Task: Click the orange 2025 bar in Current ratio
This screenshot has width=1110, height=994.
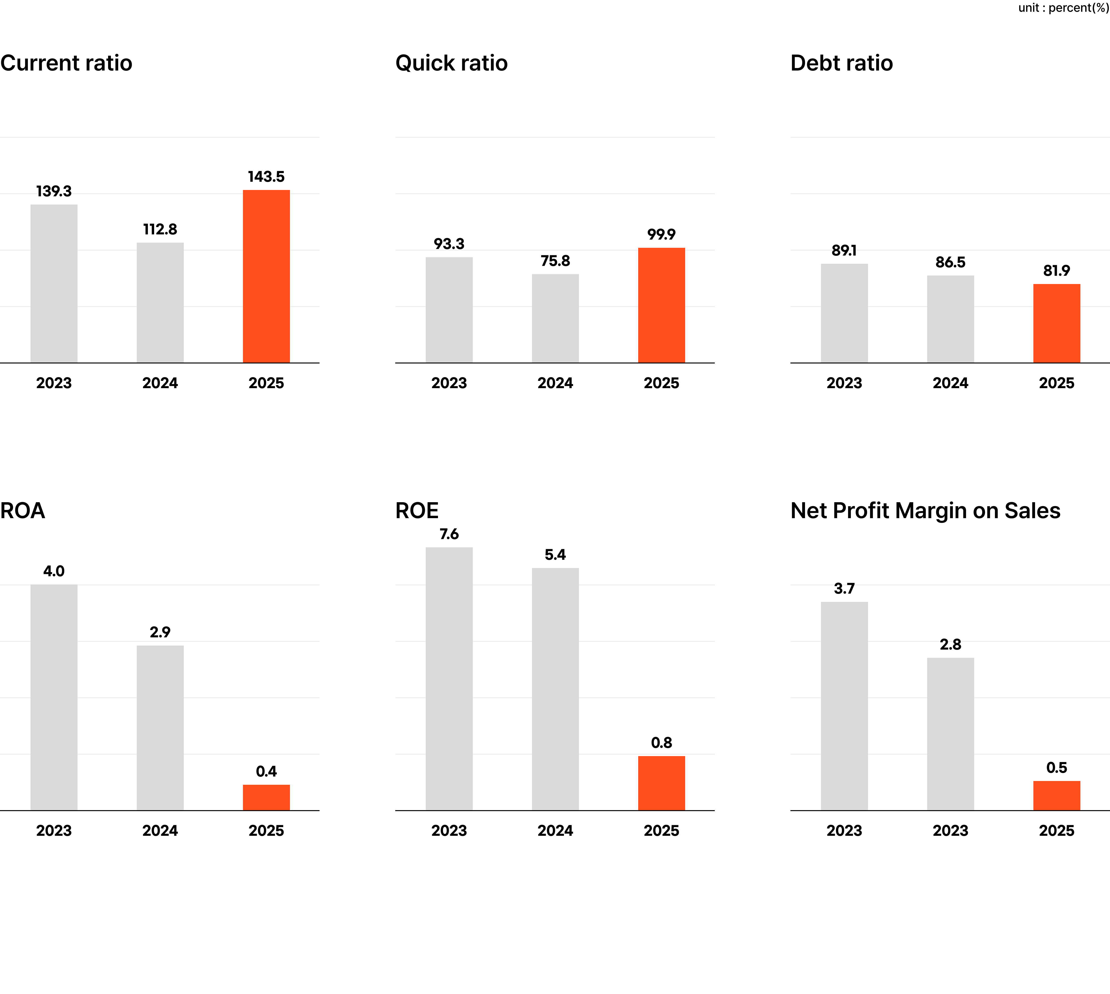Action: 266,276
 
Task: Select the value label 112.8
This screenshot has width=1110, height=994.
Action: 160,229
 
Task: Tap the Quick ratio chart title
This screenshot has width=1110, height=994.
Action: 451,63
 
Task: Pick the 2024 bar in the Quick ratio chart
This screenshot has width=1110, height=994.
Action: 555,318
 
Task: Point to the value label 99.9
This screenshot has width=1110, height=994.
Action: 661,234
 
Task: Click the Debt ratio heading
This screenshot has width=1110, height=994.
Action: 841,63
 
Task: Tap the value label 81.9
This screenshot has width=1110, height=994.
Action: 1056,271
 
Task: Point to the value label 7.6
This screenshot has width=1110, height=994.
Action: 449,534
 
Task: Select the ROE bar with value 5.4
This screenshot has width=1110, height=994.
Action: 555,689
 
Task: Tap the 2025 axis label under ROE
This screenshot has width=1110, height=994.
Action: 661,831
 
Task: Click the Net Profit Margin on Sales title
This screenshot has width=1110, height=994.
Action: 925,511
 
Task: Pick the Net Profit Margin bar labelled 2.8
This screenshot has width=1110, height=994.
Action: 950,734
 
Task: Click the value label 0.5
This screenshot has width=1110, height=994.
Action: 1056,768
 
